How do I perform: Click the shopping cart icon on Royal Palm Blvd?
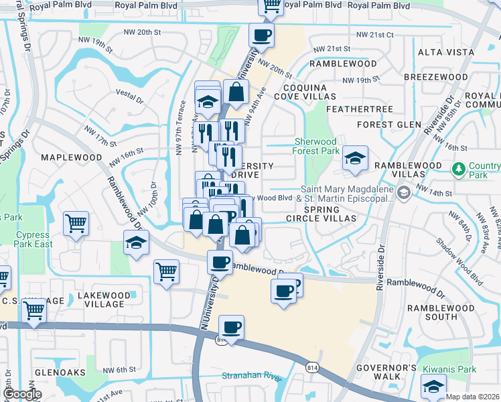pos(271,5)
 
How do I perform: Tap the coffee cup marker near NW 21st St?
pos(261,35)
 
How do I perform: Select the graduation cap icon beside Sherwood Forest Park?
pos(355,158)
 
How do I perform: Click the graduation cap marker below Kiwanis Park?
pos(433,387)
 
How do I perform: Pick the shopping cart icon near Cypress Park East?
pos(76,224)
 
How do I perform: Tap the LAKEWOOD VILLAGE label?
pos(104,299)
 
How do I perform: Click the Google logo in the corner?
pos(22,395)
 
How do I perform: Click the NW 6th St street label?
pos(121,370)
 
